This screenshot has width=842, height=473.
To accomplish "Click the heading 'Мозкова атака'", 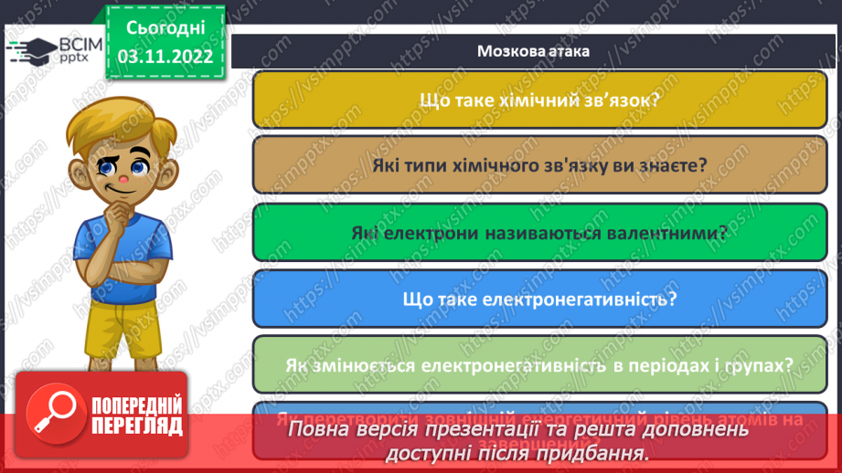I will (x=533, y=51).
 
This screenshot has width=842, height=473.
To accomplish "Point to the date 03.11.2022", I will (x=165, y=57).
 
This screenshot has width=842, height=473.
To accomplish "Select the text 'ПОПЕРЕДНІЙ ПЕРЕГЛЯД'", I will (x=134, y=415).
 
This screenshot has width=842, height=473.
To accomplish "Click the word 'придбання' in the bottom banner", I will (x=592, y=452).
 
